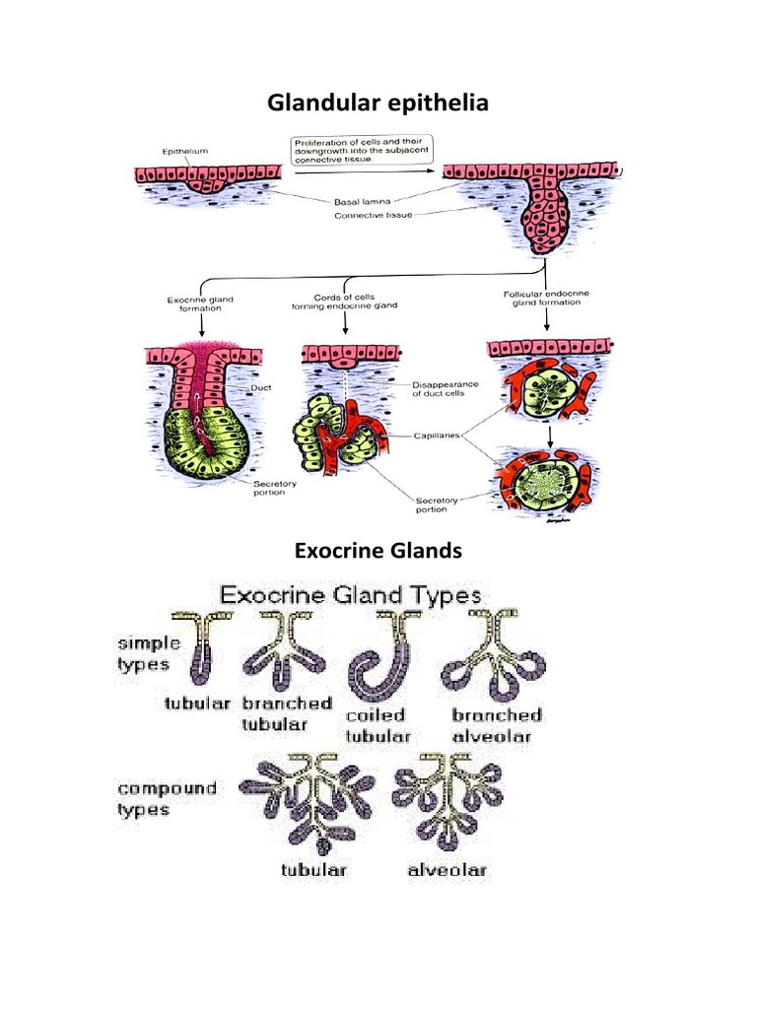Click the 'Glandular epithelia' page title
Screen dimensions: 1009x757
(378, 101)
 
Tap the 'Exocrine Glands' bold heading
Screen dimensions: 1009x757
(378, 551)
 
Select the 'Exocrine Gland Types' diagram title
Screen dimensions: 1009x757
(349, 595)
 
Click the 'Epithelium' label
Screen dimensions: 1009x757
(184, 152)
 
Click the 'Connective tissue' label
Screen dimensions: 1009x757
(373, 215)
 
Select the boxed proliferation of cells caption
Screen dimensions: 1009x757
(357, 150)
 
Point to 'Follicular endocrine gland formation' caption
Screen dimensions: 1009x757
(542, 298)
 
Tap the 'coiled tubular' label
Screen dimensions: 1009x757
(380, 725)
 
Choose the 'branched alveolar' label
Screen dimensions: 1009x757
(497, 724)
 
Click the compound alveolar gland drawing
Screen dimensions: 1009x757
(446, 800)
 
